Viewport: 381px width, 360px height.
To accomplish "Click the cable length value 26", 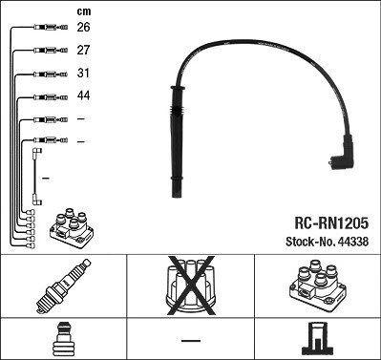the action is coord(83,27).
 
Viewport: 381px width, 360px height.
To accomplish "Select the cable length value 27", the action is coord(83,50).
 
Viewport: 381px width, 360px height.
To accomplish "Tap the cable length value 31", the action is coord(83,73).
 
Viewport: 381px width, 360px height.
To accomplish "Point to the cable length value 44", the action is coord(83,95).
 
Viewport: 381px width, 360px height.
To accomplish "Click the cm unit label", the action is coord(84,11).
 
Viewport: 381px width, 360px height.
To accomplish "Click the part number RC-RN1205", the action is coord(331,223).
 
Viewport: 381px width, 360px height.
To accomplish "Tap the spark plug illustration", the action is coord(63,286).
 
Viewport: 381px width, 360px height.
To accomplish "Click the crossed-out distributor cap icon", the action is coord(191,286).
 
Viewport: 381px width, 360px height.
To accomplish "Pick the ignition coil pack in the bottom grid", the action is coord(318,286).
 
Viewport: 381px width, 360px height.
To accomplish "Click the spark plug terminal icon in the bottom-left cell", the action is coord(63,339).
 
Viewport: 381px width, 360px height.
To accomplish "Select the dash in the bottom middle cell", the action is coord(191,341).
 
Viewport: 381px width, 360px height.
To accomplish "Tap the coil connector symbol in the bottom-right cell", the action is coord(318,339).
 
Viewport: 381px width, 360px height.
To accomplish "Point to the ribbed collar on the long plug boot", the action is coord(179,111).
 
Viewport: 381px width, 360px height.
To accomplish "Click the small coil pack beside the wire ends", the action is coord(72,228).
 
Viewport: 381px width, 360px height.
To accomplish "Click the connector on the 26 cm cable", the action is coord(51,28).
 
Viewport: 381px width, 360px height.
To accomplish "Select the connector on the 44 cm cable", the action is coord(51,97).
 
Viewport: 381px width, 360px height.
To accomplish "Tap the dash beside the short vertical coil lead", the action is coord(46,179).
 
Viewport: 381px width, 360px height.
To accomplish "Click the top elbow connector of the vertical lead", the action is coord(36,151).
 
